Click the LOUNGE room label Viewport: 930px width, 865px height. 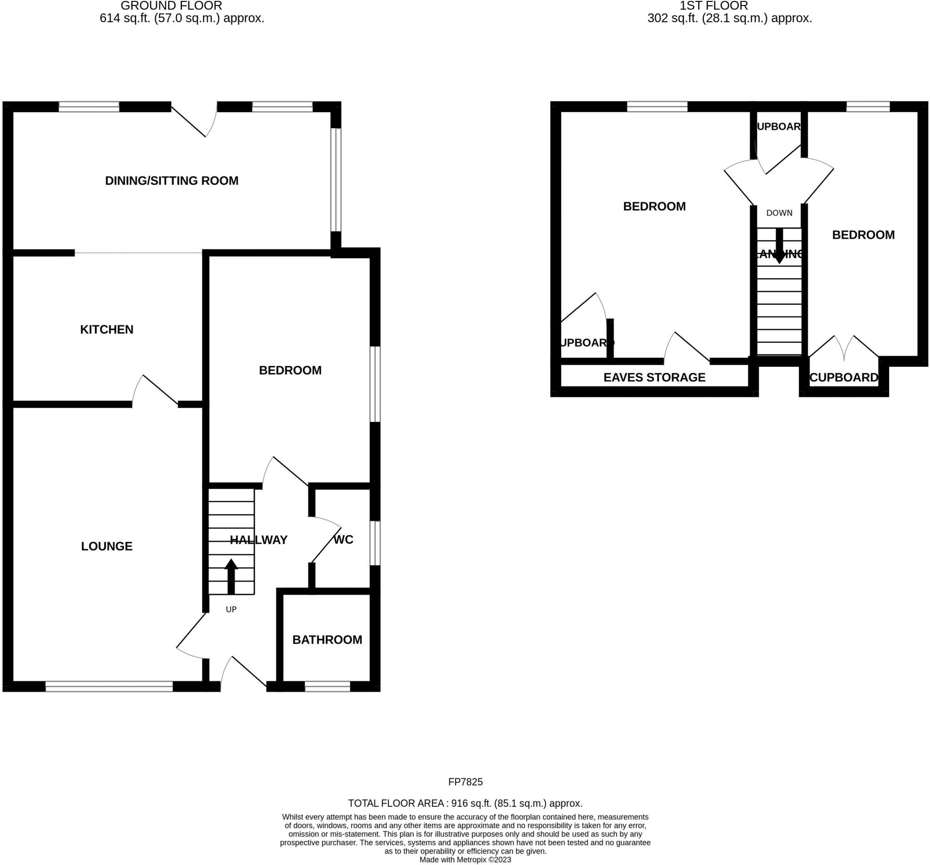tap(107, 546)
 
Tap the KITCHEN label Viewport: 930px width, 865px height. tap(107, 329)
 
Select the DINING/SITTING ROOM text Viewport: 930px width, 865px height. tap(172, 181)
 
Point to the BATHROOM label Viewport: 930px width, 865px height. tap(327, 639)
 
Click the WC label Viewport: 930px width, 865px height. tap(343, 539)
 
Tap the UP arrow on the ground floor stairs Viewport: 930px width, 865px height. tap(231, 576)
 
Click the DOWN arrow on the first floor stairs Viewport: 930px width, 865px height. tap(779, 246)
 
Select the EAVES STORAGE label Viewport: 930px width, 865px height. tap(654, 377)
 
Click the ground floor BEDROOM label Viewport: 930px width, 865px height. tap(290, 370)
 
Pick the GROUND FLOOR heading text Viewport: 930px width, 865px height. tap(171, 6)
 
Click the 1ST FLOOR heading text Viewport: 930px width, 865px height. tap(713, 6)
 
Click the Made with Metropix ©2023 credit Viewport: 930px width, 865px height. tap(465, 860)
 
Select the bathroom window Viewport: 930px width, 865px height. tap(327, 686)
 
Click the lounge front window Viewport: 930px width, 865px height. tap(109, 686)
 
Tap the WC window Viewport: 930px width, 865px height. tap(375, 543)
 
